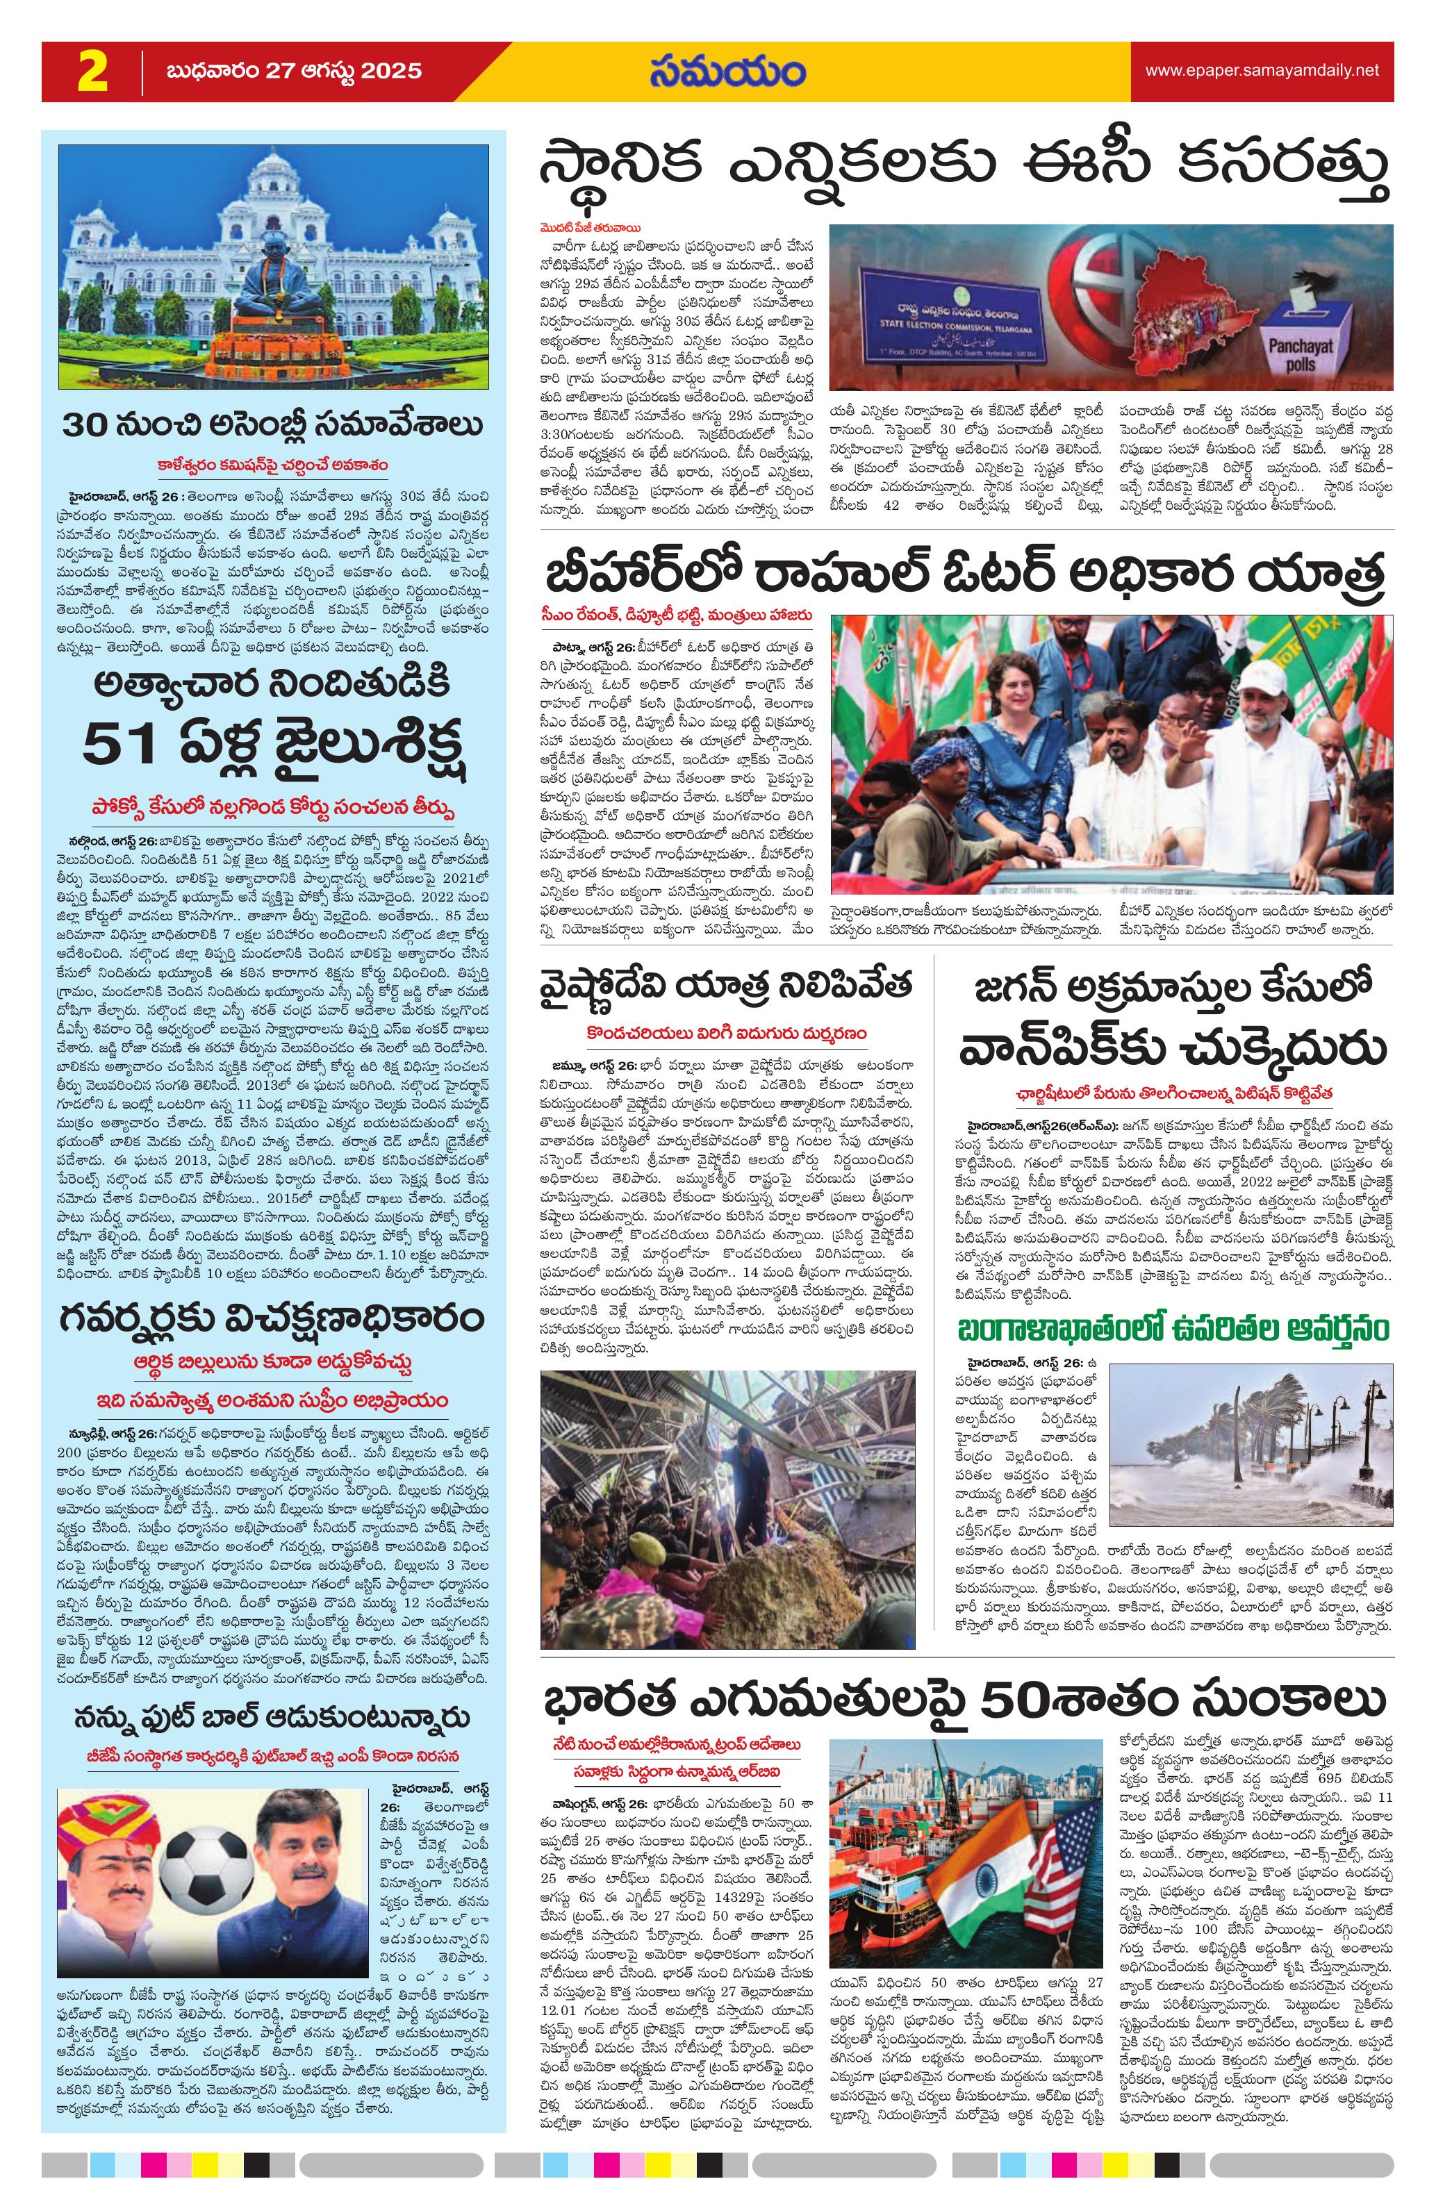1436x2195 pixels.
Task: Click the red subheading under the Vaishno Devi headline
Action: (727, 1033)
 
